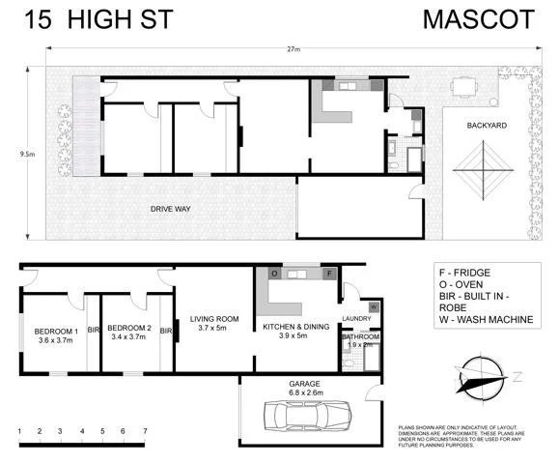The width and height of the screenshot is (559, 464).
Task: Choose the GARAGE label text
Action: (304, 383)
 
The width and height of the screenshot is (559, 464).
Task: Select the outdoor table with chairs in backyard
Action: (469, 90)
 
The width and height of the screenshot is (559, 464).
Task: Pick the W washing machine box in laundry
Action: (375, 306)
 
